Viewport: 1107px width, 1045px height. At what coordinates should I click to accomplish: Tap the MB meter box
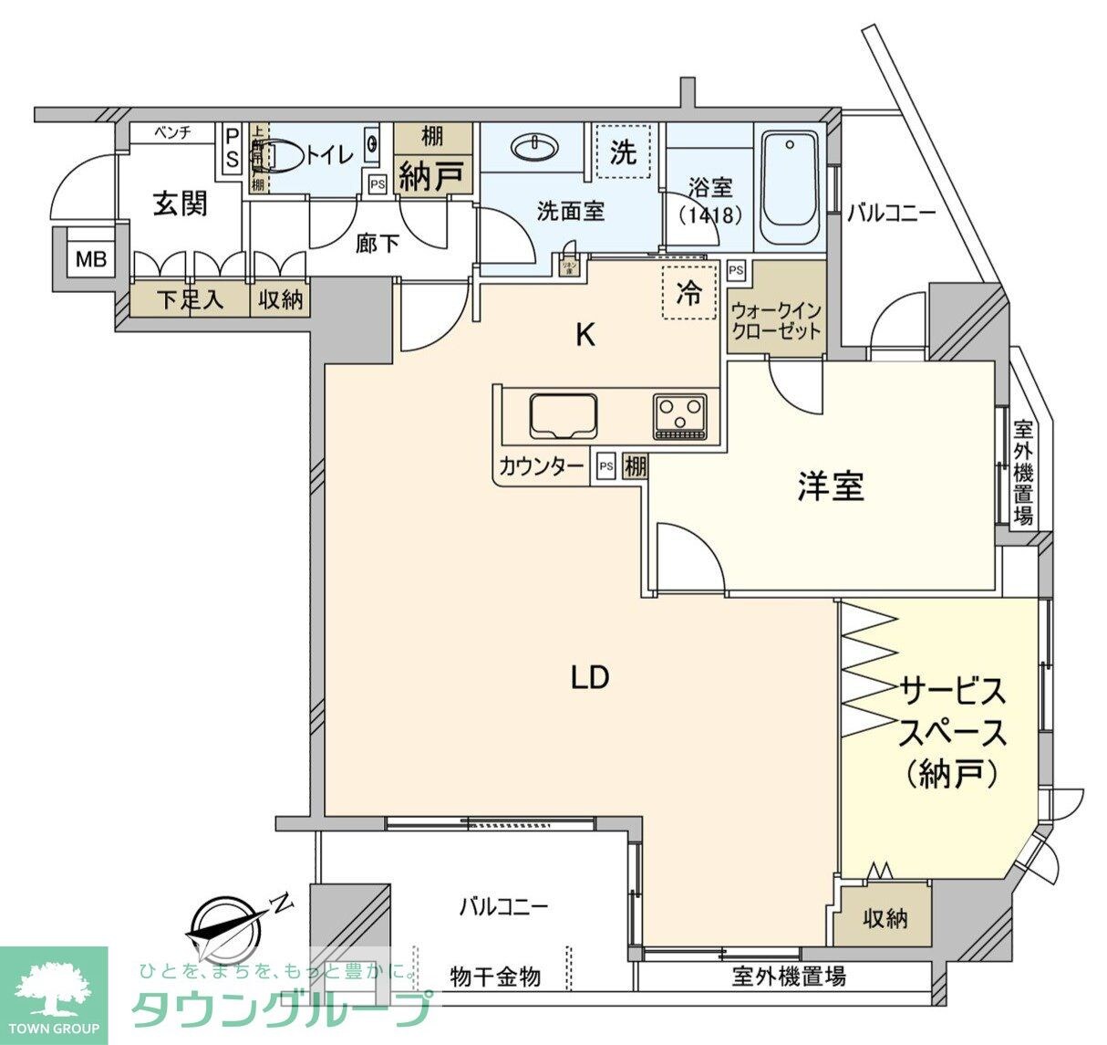(x=90, y=258)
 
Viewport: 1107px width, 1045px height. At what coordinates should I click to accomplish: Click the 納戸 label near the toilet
(x=432, y=175)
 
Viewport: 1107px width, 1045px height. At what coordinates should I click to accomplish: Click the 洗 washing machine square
(x=623, y=152)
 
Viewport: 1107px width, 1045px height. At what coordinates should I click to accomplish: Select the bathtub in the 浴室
(x=791, y=189)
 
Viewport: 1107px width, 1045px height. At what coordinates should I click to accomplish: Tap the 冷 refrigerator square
(x=688, y=292)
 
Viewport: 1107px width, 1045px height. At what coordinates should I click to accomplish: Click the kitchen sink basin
(x=563, y=417)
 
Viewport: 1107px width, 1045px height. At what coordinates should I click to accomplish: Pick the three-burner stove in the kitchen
(x=679, y=416)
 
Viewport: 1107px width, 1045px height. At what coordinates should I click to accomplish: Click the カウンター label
(x=541, y=467)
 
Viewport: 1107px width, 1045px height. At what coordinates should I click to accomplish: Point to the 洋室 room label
(x=830, y=486)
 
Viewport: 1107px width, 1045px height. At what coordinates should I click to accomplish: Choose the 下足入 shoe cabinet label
(x=190, y=300)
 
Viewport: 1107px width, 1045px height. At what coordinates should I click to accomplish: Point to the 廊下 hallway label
(x=378, y=244)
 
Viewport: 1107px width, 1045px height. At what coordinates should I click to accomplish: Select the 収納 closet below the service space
(x=885, y=918)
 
